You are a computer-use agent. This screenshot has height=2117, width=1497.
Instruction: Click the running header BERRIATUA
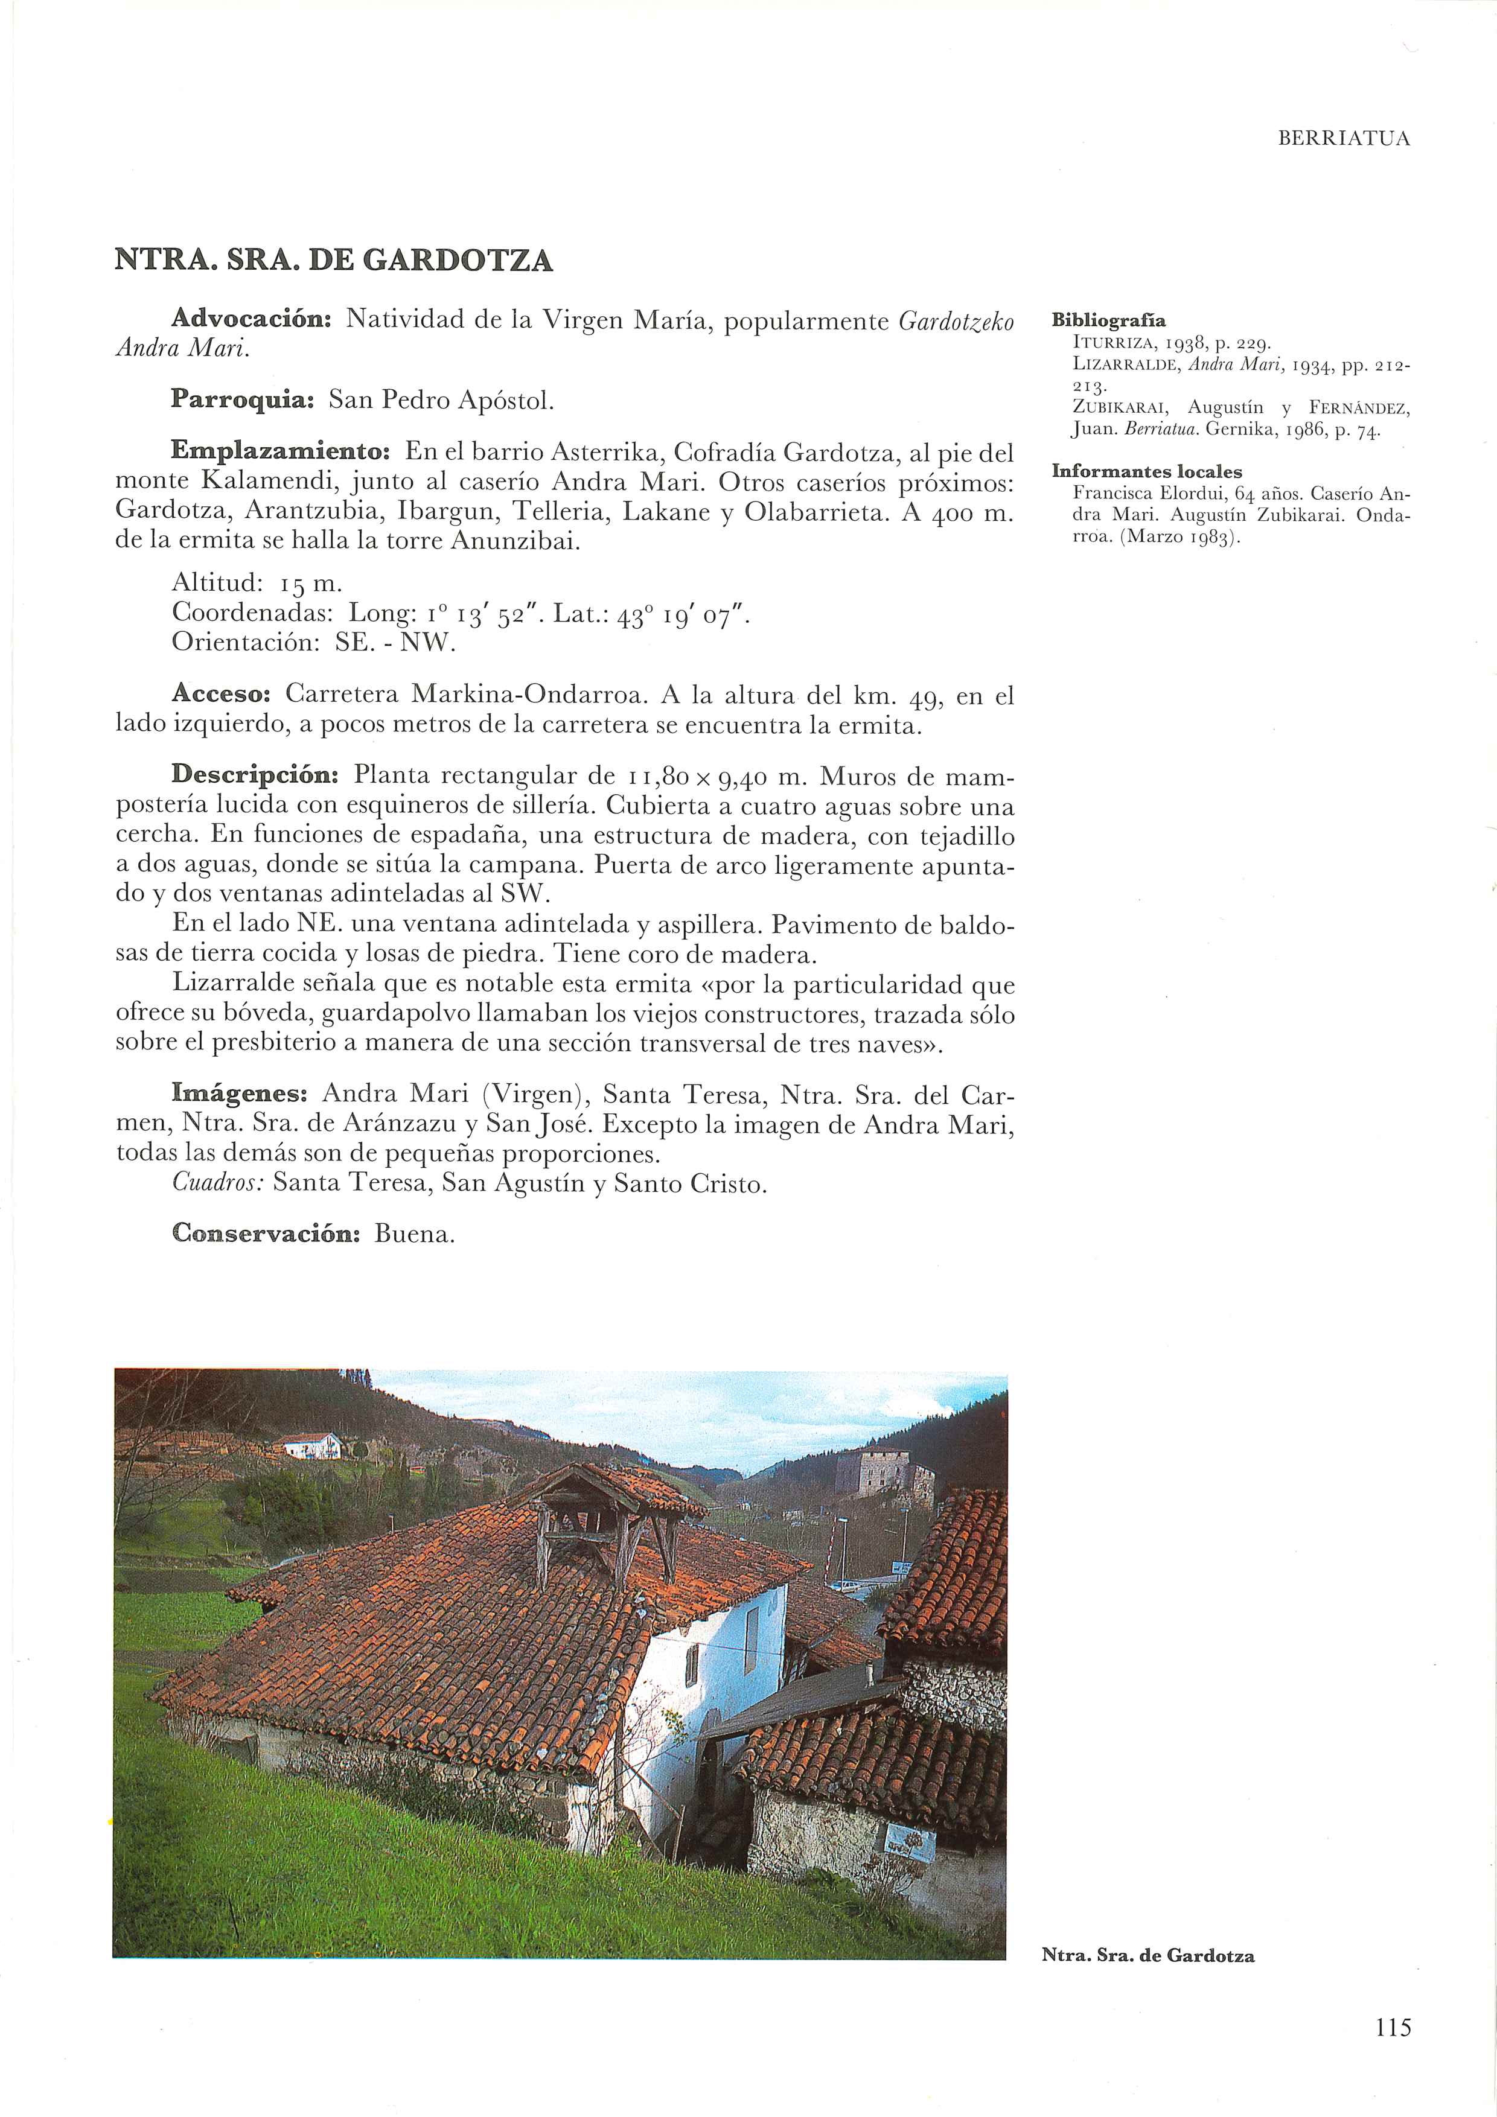1344,139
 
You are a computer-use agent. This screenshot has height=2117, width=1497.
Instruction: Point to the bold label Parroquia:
243,400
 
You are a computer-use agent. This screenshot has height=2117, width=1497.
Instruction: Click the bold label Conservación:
265,1234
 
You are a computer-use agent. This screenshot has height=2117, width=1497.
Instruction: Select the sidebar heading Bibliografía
1109,321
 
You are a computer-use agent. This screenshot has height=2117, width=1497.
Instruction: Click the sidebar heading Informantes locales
1146,471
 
